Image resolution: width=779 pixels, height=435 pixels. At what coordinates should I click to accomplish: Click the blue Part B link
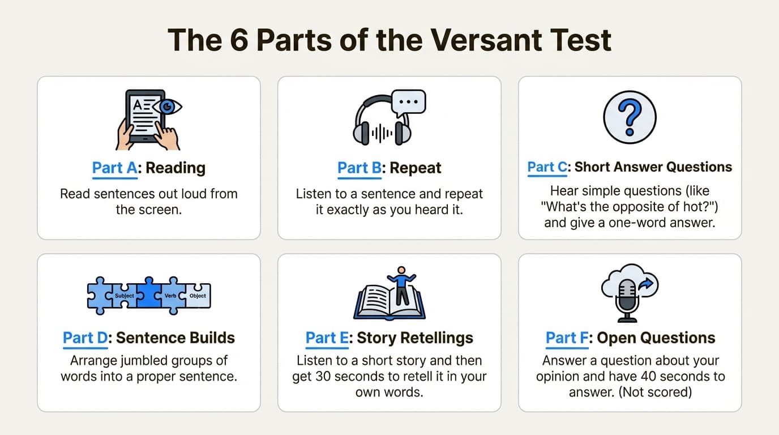[x=360, y=168]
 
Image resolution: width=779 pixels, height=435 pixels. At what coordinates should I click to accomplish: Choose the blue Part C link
[x=549, y=167]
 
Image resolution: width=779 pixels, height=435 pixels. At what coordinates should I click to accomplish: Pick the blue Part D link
[x=85, y=338]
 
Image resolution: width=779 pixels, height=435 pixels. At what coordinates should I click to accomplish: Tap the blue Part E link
[x=328, y=338]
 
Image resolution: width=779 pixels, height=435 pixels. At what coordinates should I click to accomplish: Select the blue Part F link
[x=568, y=338]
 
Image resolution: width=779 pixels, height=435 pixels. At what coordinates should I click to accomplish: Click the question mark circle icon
[x=630, y=118]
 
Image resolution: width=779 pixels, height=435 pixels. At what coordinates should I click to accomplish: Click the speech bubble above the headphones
[x=408, y=103]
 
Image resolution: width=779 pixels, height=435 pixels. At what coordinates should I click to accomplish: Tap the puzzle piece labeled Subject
[x=123, y=296]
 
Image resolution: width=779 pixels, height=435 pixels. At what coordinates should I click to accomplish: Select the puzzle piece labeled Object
[x=198, y=296]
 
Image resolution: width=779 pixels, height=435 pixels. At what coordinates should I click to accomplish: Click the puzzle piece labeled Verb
[x=170, y=296]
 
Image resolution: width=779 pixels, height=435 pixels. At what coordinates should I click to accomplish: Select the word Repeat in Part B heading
[x=416, y=168]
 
